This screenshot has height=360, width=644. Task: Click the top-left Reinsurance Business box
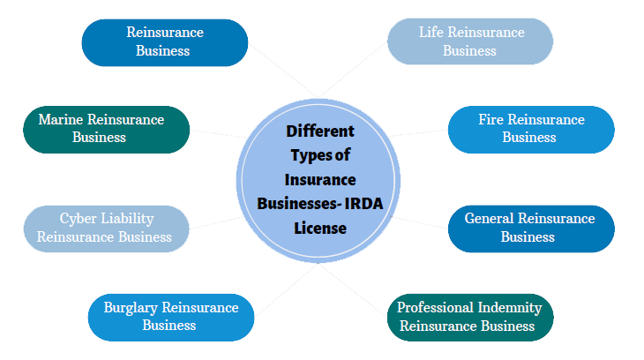coord(164,41)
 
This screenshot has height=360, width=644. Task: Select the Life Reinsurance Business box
coord(470,41)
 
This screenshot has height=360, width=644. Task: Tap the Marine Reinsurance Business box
coord(106,129)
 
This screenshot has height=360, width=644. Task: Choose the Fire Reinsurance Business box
coord(530,129)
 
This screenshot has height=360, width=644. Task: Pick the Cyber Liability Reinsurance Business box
coord(106,228)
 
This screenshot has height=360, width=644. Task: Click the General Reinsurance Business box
coord(530,228)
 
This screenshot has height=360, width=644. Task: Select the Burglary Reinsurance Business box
coord(171,316)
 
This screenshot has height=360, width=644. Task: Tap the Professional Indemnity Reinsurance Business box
coord(469,316)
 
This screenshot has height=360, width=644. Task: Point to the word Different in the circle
coord(320,132)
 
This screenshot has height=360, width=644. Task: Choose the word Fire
coord(490,120)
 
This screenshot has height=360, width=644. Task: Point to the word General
coord(489,219)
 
